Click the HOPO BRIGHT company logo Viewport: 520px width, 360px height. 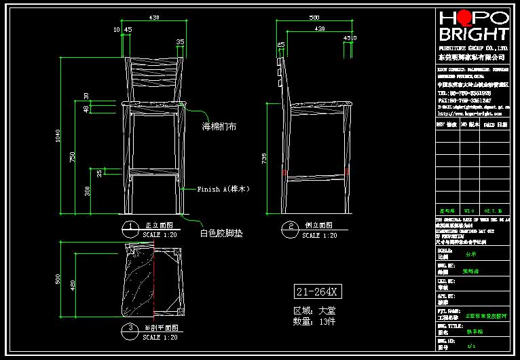[x=473, y=26]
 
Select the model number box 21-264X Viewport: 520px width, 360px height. [x=316, y=292]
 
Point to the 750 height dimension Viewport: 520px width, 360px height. [x=72, y=157]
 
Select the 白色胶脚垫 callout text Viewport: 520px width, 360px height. [x=221, y=233]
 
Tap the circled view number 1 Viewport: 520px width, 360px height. [x=127, y=226]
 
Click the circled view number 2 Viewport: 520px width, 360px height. [x=291, y=226]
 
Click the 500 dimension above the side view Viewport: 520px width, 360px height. [x=314, y=17]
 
